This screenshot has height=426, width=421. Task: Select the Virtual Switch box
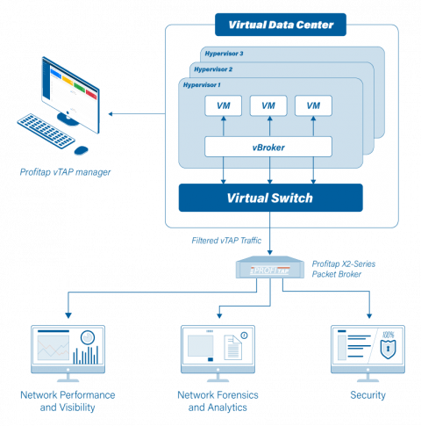(x=270, y=198)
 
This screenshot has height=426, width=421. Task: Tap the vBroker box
(x=270, y=147)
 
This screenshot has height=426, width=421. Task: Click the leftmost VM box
(x=223, y=105)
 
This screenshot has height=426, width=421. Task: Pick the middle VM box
(x=268, y=105)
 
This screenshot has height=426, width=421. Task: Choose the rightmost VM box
(x=313, y=105)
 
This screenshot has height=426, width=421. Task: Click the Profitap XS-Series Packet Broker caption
(x=343, y=268)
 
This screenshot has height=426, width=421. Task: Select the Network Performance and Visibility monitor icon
(x=68, y=350)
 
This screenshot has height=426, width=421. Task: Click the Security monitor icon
(x=367, y=350)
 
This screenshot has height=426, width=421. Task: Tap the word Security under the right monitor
(x=367, y=395)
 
